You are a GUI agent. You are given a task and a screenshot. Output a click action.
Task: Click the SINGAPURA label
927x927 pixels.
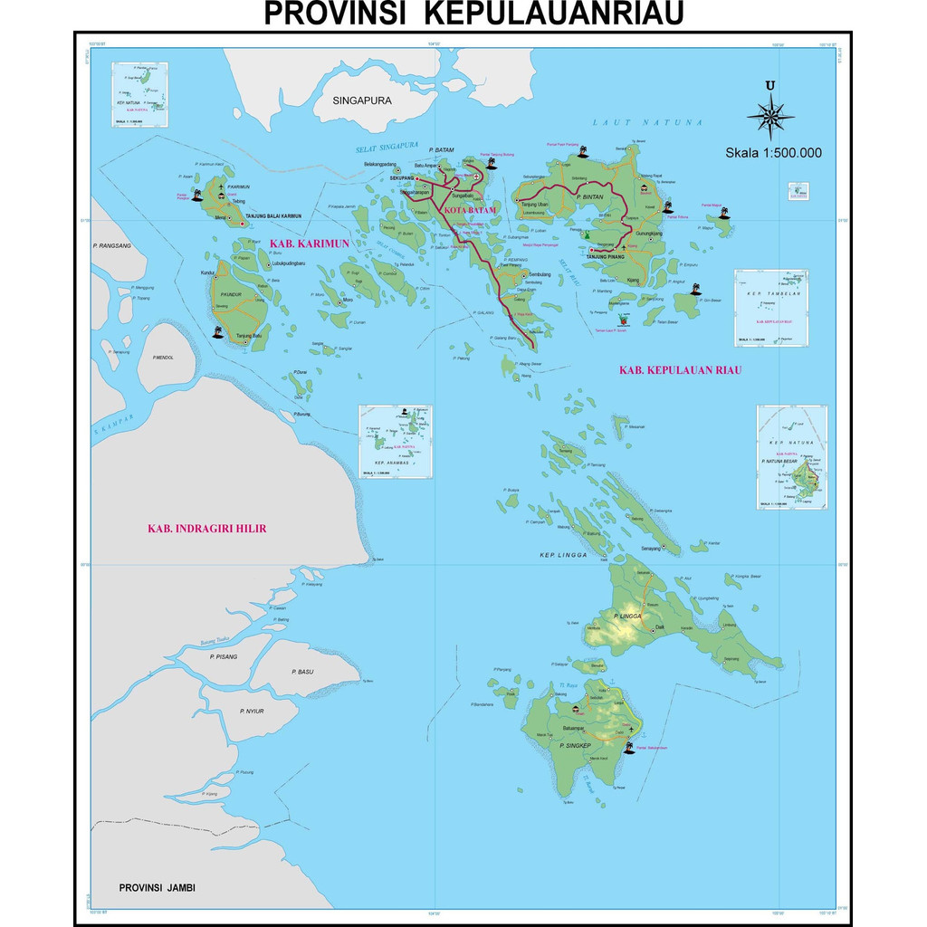pyautogui.click(x=361, y=100)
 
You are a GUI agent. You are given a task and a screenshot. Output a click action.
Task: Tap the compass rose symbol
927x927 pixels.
pyautogui.click(x=770, y=116)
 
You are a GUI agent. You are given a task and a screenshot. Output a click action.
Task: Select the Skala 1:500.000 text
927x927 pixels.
pyautogui.click(x=773, y=153)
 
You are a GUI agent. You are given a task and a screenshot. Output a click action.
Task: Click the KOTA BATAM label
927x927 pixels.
pyautogui.click(x=470, y=211)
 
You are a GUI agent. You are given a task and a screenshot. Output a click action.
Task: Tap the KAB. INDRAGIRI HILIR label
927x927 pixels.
pyautogui.click(x=206, y=529)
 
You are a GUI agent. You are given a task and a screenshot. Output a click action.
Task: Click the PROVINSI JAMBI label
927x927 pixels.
pyautogui.click(x=158, y=888)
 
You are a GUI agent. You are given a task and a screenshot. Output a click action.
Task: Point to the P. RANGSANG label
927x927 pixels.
pyautogui.click(x=111, y=245)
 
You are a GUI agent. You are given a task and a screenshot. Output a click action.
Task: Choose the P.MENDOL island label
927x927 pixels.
pyautogui.click(x=163, y=358)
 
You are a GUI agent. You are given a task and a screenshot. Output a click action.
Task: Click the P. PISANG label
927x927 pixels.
pyautogui.click(x=223, y=656)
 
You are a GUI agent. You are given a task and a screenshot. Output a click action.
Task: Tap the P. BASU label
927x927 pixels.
pyautogui.click(x=301, y=672)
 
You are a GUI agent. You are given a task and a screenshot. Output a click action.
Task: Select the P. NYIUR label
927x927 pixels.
pyautogui.click(x=251, y=712)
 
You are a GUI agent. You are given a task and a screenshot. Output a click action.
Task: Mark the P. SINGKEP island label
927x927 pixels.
pyautogui.click(x=576, y=745)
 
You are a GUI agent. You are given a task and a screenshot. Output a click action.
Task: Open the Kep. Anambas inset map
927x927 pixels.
pyautogui.click(x=396, y=442)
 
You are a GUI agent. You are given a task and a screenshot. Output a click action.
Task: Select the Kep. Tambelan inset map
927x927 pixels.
pyautogui.click(x=770, y=308)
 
